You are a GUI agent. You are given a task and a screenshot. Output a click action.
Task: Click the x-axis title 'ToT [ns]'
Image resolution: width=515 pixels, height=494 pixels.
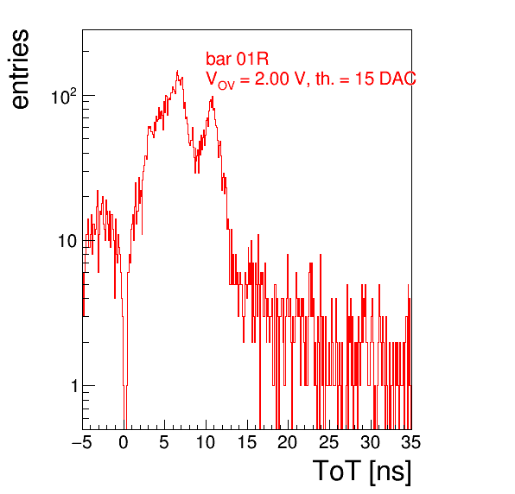(362, 471)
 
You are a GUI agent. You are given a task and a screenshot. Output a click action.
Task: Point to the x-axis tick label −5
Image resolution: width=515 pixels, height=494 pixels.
(82, 442)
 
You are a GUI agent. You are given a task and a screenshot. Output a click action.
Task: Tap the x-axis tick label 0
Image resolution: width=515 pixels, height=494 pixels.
(124, 442)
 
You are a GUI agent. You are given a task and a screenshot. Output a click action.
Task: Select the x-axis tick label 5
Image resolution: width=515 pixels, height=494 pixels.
(164, 442)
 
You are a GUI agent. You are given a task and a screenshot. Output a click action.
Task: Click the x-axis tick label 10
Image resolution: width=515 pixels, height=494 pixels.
(206, 442)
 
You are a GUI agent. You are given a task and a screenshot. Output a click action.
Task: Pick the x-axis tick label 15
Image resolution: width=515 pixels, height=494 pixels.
(246, 442)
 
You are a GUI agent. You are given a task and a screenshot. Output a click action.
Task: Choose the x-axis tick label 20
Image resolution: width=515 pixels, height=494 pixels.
(288, 442)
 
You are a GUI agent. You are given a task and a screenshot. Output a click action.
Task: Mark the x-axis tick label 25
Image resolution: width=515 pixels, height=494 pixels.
(328, 442)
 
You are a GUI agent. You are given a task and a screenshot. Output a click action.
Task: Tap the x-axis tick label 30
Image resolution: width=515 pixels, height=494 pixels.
(370, 442)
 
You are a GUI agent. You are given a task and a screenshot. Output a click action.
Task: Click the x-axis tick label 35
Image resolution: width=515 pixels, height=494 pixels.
(411, 442)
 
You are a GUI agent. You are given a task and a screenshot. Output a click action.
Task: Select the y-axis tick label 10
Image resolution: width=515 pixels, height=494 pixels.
(68, 242)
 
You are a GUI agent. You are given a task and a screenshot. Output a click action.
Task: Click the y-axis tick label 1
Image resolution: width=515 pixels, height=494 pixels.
(74, 386)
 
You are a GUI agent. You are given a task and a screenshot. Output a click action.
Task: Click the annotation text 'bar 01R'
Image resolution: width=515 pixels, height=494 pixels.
(237, 59)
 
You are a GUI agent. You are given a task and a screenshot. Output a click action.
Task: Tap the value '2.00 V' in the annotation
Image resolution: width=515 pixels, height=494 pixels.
(280, 79)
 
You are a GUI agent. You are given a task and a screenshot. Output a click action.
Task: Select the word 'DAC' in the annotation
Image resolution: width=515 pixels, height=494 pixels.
(397, 79)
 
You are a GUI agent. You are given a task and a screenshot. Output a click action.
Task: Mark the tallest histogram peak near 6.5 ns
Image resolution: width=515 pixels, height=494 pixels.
(177, 71)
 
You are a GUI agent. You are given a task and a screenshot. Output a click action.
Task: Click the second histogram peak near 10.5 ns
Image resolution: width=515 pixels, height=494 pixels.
(213, 97)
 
